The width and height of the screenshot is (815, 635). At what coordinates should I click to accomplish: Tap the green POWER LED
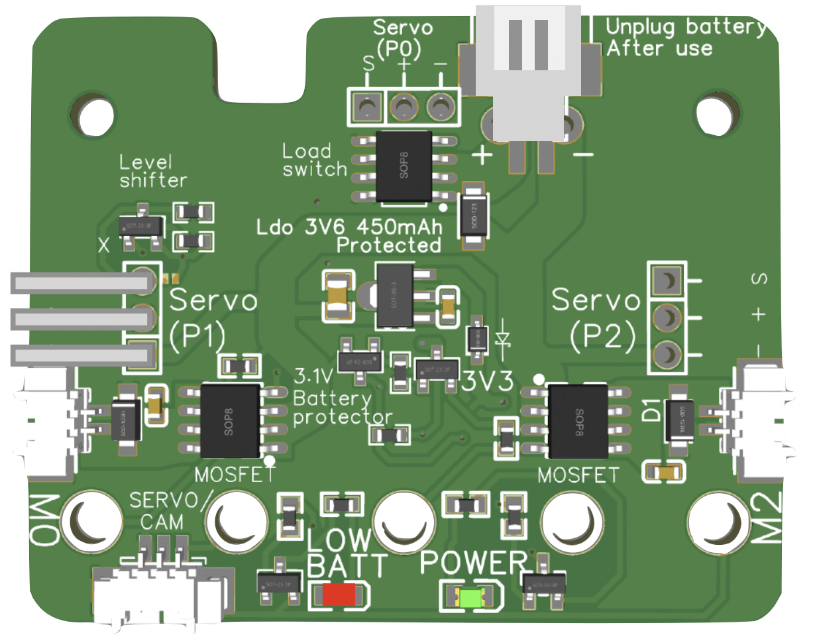(x=472, y=599)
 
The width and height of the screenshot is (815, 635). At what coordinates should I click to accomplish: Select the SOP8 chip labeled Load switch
(x=403, y=166)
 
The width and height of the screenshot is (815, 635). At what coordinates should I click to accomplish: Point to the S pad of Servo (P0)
(x=366, y=107)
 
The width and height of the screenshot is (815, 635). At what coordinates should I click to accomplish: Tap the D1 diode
(x=679, y=419)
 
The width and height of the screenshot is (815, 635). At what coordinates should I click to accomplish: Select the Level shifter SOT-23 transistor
(x=140, y=227)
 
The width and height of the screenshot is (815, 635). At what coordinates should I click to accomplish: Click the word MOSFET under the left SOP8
(x=227, y=475)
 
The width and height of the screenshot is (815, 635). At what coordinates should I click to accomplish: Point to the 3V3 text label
(x=488, y=382)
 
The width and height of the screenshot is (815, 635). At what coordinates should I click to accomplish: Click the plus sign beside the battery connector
(x=482, y=156)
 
